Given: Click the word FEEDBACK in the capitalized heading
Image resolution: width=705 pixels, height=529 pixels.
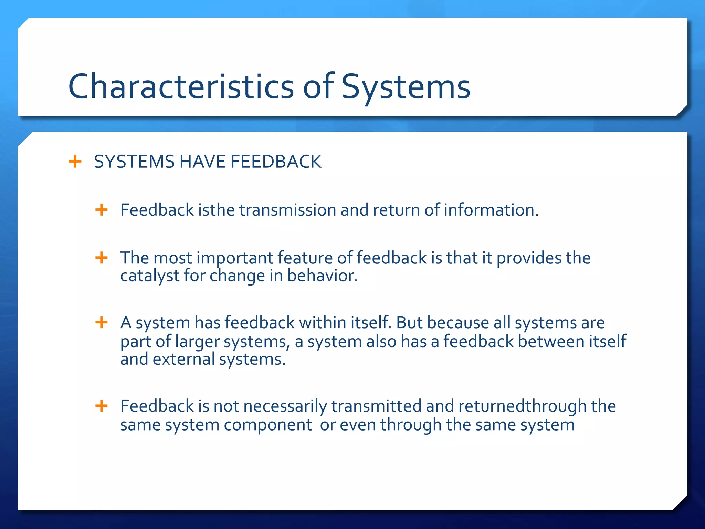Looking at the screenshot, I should click(x=276, y=162).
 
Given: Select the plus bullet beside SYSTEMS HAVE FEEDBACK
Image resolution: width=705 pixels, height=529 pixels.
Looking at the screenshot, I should click(x=75, y=161).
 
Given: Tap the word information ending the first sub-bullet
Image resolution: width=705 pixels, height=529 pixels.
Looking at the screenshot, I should click(x=491, y=210).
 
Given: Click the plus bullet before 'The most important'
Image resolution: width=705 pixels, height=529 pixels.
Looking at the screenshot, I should click(x=102, y=258).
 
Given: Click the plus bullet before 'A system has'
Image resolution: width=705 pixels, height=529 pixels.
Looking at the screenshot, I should click(x=102, y=323).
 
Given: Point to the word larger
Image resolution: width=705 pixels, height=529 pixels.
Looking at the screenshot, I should click(x=197, y=342).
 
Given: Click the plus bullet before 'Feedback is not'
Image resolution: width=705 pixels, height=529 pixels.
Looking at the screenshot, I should click(x=102, y=406).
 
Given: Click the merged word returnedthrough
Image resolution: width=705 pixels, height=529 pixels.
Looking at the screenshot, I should click(x=522, y=406).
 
